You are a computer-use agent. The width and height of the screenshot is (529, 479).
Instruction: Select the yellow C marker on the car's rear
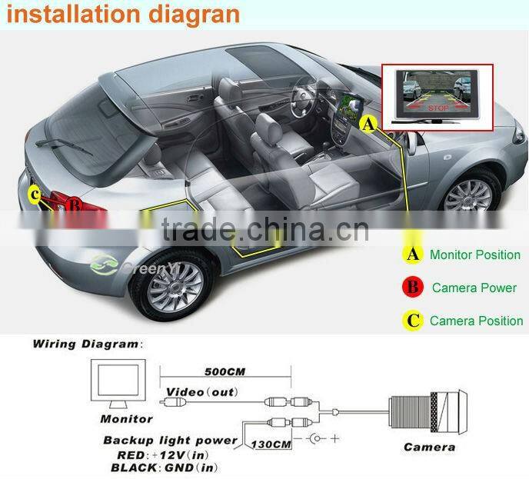point(34,195)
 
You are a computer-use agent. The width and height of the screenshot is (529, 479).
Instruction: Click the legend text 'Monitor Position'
point(474,254)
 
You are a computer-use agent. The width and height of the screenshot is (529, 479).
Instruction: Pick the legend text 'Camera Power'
point(474,288)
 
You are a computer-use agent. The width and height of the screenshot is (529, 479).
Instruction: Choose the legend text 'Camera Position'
point(476,321)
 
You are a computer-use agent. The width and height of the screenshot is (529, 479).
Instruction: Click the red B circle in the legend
point(414,288)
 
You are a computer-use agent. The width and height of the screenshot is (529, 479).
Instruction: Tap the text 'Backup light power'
point(171,441)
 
